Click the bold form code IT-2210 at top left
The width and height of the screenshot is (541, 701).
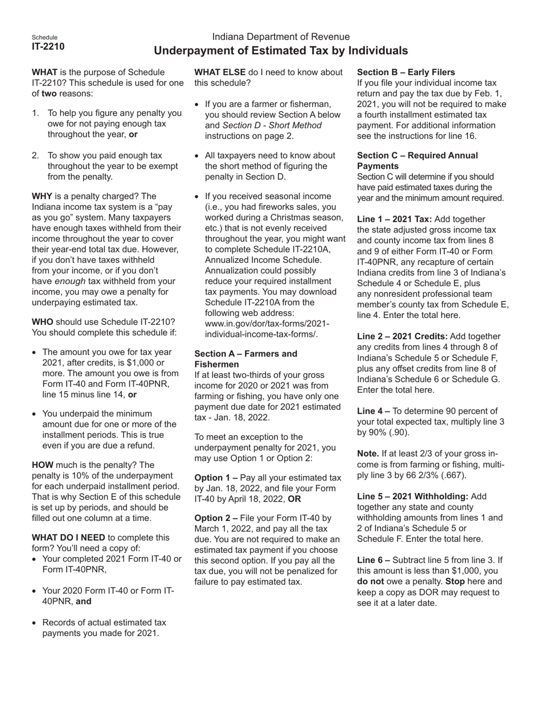tap(48, 47)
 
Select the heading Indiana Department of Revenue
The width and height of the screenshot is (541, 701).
tap(281, 36)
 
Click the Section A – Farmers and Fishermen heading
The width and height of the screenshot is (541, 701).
tap(245, 358)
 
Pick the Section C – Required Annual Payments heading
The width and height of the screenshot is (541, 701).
tap(417, 160)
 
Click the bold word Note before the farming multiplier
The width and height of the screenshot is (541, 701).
tap(369, 454)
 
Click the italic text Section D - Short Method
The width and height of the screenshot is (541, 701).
tap(272, 125)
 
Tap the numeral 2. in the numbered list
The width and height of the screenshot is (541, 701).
tap(36, 155)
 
